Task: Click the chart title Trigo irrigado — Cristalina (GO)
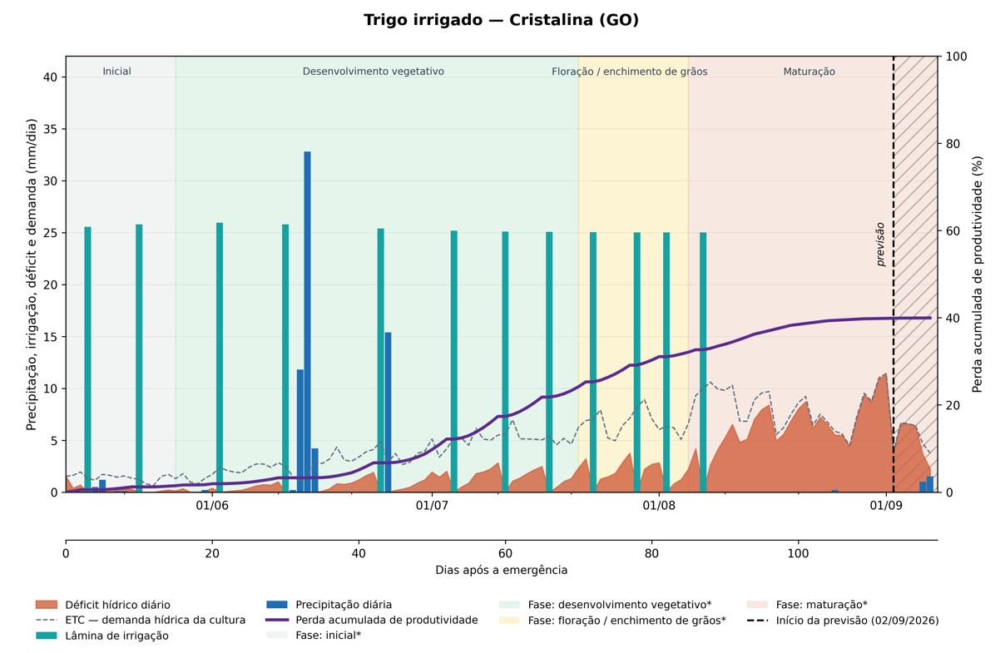tap(501, 20)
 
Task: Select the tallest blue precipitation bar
tap(307, 322)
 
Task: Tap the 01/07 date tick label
tap(432, 506)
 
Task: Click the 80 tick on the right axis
tap(953, 144)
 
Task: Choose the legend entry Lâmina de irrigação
tap(102, 636)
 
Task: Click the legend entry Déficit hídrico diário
tap(103, 605)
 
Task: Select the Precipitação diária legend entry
tap(329, 605)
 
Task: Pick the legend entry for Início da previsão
tap(843, 621)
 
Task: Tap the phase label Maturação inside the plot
tap(809, 72)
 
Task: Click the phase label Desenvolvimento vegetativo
tap(374, 72)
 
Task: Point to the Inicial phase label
tap(116, 72)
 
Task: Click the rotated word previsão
tap(880, 245)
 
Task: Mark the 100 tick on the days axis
tap(798, 553)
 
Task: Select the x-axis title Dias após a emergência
tap(501, 570)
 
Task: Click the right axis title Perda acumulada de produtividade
tap(978, 274)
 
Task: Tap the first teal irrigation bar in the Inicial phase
tap(87, 359)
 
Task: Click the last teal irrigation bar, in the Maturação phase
tap(703, 363)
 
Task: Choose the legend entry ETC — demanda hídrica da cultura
tap(141, 621)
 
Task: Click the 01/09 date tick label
tap(886, 506)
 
